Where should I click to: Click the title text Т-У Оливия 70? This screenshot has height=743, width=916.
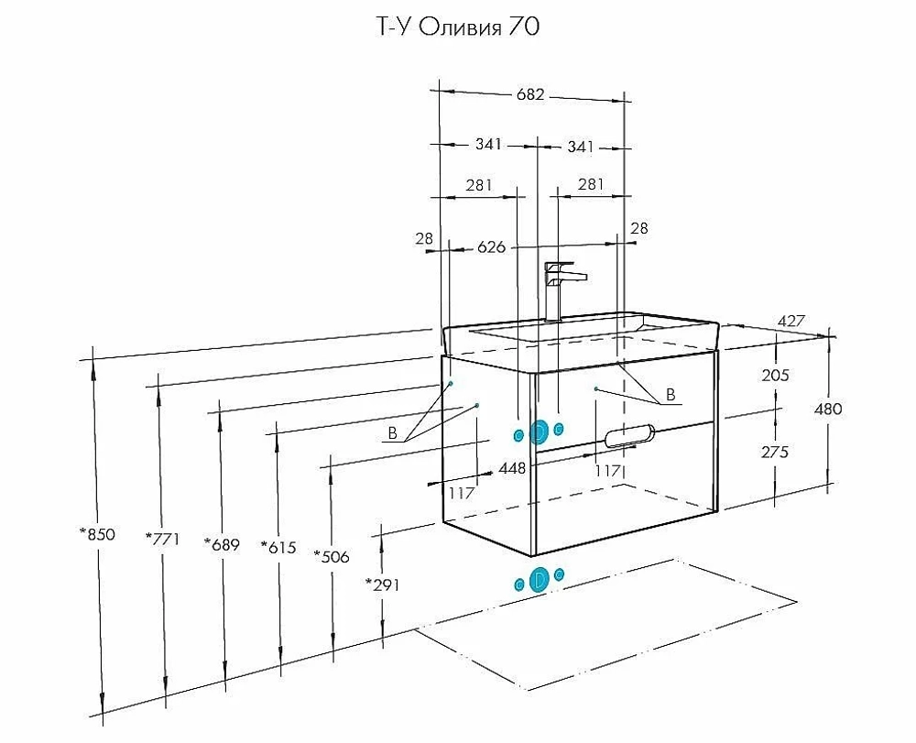(455, 27)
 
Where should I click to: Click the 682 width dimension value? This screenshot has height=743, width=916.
(529, 94)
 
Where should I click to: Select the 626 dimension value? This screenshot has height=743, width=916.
(491, 247)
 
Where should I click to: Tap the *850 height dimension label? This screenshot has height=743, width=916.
(98, 534)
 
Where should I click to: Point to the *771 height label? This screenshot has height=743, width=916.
(162, 538)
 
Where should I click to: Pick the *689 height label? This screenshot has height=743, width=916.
(222, 544)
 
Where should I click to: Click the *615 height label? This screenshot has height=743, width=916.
(278, 547)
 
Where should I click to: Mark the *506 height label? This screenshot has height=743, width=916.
(332, 557)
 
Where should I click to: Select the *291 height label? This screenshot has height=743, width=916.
(383, 585)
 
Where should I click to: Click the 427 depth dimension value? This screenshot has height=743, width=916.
(791, 321)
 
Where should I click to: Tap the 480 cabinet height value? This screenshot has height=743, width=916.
(828, 409)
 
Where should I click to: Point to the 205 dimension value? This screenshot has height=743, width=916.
(775, 375)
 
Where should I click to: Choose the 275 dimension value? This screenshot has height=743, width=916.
(775, 452)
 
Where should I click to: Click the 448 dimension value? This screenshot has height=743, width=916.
(512, 468)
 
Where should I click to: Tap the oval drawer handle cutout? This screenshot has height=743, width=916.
(630, 436)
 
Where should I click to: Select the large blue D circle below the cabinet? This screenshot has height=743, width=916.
(540, 579)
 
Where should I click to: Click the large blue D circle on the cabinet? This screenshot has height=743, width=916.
(540, 432)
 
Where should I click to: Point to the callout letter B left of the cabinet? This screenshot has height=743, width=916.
(393, 433)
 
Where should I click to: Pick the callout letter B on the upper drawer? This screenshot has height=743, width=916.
(671, 395)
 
